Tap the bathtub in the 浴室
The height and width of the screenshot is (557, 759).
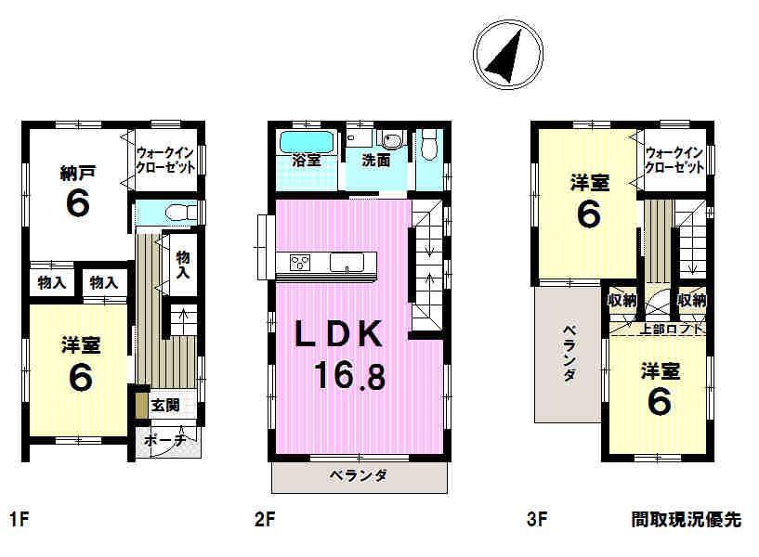(307, 144)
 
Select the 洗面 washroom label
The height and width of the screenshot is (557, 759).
(375, 160)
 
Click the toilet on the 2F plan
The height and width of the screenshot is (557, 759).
(429, 147)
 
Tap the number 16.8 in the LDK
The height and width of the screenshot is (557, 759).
(349, 376)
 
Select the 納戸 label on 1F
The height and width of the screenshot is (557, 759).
(79, 171)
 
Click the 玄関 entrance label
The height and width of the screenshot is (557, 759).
(166, 405)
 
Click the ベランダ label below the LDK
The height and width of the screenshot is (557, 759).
(358, 476)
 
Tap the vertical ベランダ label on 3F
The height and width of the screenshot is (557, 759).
(569, 353)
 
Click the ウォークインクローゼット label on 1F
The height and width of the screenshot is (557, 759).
(165, 161)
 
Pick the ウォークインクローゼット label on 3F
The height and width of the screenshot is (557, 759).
(674, 161)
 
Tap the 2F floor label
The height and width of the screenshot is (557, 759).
(265, 521)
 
